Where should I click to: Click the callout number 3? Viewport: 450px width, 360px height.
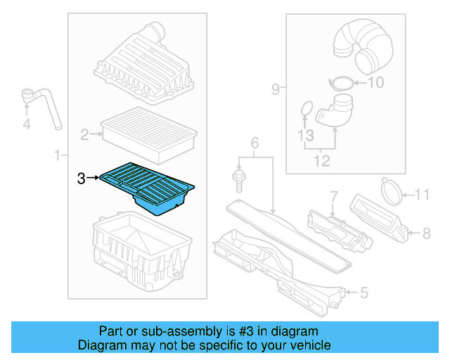(82, 179)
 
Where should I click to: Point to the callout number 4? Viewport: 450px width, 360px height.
(27, 124)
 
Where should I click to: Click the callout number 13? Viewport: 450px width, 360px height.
(304, 134)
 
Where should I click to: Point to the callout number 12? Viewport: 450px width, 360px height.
(321, 161)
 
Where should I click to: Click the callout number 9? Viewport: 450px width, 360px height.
(276, 89)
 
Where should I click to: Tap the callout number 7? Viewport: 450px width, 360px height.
(335, 195)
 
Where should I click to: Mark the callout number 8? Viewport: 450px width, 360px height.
(426, 231)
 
